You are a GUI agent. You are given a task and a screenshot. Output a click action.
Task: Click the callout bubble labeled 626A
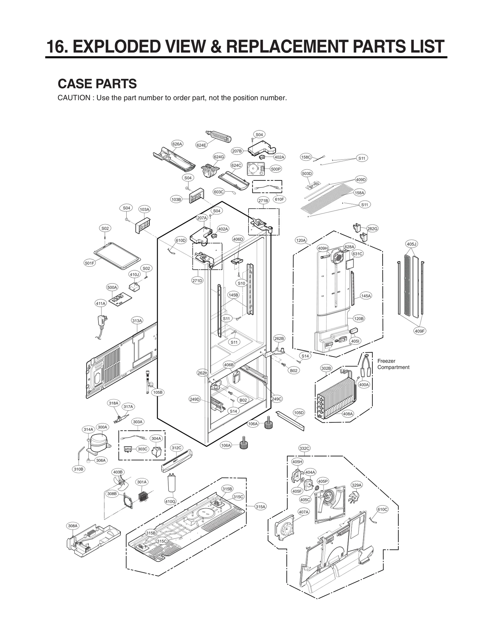(x=177, y=144)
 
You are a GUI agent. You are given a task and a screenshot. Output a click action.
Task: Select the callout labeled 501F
(x=90, y=263)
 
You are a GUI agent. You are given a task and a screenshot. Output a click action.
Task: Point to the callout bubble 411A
(x=101, y=303)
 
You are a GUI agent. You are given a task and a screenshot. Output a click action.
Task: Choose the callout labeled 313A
(x=137, y=321)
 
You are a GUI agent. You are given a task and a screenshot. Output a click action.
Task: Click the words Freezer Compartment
(x=393, y=364)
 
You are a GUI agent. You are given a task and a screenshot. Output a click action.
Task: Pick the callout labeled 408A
(x=348, y=414)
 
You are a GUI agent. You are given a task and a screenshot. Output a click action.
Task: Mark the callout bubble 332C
(x=304, y=448)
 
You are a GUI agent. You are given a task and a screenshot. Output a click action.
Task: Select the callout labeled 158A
(x=359, y=193)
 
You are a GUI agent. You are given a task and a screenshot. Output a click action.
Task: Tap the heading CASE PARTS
(x=97, y=84)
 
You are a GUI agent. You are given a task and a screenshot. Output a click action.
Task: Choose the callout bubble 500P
(x=276, y=169)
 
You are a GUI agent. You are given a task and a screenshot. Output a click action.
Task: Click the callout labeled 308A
(x=73, y=526)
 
